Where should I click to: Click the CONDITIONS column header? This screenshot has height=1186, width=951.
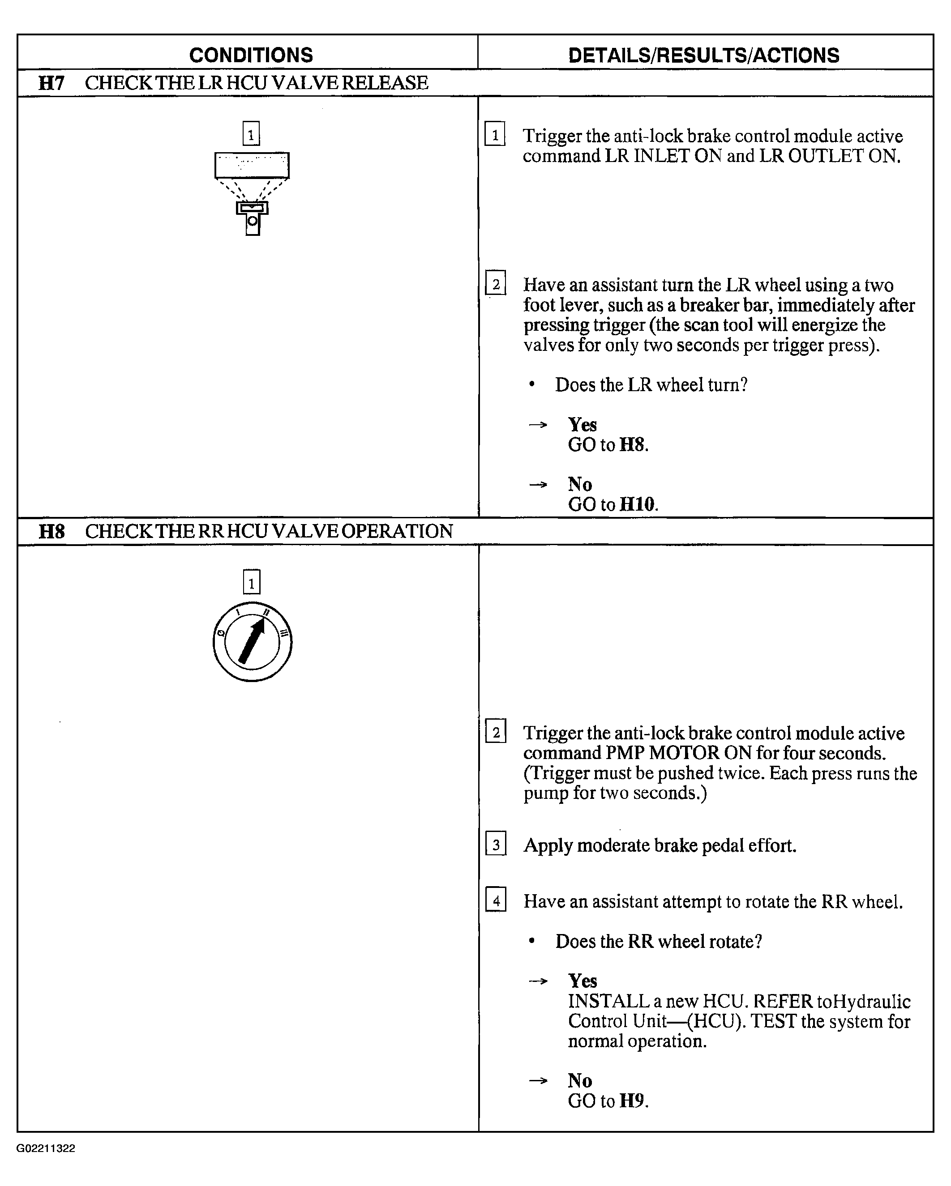(x=251, y=55)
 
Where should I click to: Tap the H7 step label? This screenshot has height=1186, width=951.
(x=51, y=83)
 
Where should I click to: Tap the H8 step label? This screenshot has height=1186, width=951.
(x=51, y=531)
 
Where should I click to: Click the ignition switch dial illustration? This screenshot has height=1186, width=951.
(x=252, y=642)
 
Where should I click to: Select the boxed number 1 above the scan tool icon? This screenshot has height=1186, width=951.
(x=251, y=134)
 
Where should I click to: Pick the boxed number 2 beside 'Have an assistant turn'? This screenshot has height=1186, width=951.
(x=495, y=284)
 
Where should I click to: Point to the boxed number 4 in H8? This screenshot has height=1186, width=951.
(x=495, y=900)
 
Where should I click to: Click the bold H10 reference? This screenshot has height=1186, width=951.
(x=638, y=504)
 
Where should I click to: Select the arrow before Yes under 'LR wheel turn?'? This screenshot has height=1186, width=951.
(x=538, y=425)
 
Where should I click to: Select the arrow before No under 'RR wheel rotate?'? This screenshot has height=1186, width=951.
(x=538, y=1080)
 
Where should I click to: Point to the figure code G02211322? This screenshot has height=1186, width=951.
(x=46, y=1148)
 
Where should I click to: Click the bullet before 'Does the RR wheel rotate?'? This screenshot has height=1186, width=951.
(x=531, y=941)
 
